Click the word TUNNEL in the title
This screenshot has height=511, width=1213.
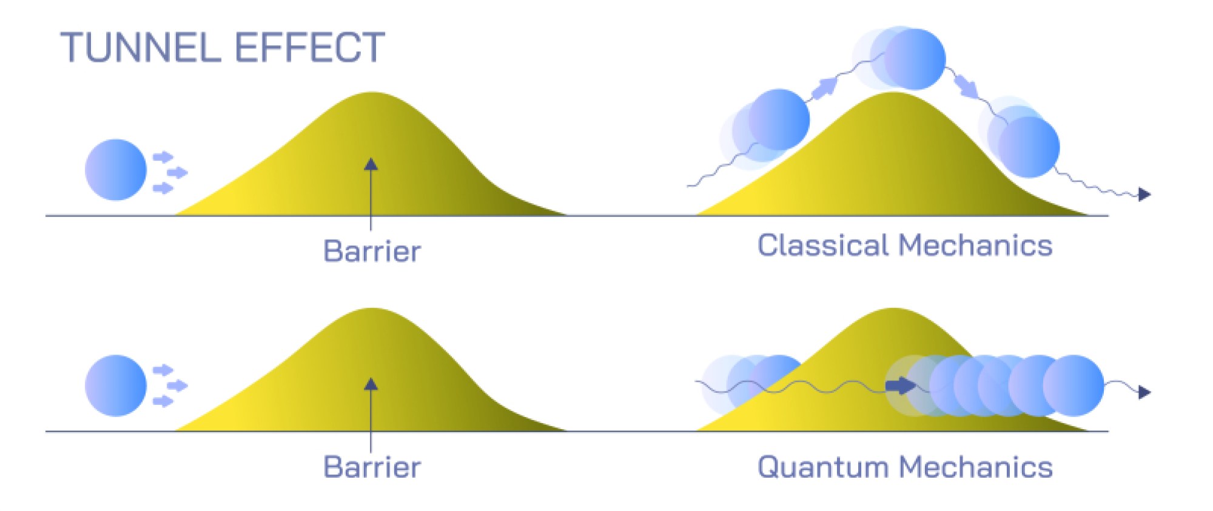coord(141,48)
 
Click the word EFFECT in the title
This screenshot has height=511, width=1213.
coord(310,48)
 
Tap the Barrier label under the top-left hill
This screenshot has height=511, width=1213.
coord(372,251)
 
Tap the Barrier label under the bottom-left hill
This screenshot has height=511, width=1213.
coord(372,467)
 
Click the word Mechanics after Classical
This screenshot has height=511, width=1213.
coord(975,245)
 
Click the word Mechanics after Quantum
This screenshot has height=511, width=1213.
coord(975,467)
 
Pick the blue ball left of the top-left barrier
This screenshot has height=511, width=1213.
coord(116,170)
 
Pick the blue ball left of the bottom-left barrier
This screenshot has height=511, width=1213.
coord(116,386)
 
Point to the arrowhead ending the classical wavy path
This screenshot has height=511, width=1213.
coord(1144,195)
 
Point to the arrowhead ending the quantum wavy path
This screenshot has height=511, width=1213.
coord(1144,392)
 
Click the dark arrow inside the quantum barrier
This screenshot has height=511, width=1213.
coord(900,386)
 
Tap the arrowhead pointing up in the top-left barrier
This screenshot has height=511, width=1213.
coord(371,164)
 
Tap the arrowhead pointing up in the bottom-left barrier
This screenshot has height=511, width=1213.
coord(371,384)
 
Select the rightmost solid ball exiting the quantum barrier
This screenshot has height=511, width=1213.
coord(1073,386)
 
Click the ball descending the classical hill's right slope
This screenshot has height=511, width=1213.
coord(1029,147)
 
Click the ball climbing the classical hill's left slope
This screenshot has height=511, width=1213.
coord(779,119)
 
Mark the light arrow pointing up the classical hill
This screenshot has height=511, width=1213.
coord(824,89)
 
